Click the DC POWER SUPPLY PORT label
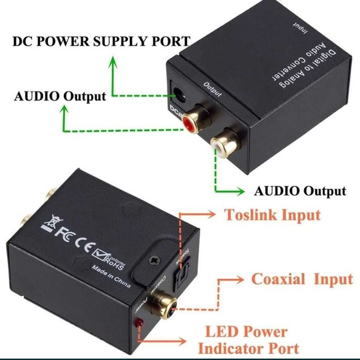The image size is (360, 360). [x=101, y=41]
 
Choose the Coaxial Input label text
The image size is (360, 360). [x=302, y=279]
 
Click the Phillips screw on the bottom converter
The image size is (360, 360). [x=153, y=262]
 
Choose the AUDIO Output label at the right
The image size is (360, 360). [x=300, y=191]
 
